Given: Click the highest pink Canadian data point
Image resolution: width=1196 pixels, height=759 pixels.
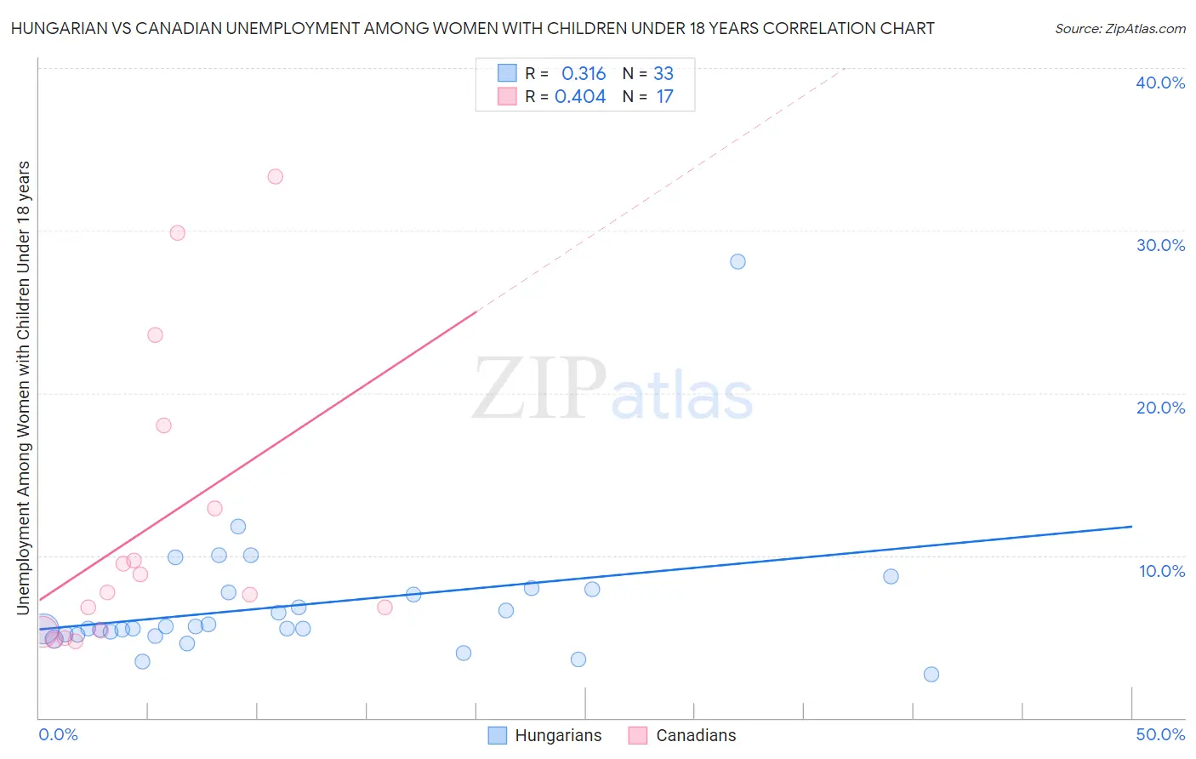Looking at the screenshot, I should pyautogui.click(x=275, y=177).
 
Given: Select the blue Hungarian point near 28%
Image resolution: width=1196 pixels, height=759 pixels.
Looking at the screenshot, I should pyautogui.click(x=738, y=261).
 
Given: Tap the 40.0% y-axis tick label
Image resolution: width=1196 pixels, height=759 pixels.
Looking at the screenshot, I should pyautogui.click(x=1160, y=83).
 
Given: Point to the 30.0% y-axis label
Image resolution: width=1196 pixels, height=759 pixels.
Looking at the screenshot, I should pyautogui.click(x=1160, y=245).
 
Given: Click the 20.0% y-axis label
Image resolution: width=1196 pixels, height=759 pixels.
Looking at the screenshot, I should pyautogui.click(x=1160, y=408).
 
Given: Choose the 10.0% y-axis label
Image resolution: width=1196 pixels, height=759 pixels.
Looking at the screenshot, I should pyautogui.click(x=1162, y=571).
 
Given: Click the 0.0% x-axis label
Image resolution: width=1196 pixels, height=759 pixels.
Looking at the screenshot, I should pyautogui.click(x=59, y=734).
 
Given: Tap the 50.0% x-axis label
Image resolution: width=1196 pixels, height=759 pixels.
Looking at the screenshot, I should pyautogui.click(x=1160, y=734).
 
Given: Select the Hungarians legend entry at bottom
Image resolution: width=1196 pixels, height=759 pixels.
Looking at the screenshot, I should pyautogui.click(x=557, y=735).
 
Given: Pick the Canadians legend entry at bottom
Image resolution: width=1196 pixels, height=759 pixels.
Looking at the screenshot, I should pyautogui.click(x=695, y=735).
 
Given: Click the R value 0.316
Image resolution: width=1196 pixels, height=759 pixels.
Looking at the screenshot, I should pyautogui.click(x=584, y=74).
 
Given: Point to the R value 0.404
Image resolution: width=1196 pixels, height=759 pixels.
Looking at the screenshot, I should pyautogui.click(x=580, y=97).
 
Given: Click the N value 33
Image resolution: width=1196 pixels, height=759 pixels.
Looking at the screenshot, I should pyautogui.click(x=663, y=74).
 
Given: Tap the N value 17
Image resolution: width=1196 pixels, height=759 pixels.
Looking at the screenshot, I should pyautogui.click(x=664, y=97).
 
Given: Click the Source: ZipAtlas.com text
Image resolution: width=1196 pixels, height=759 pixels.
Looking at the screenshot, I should pyautogui.click(x=1119, y=29).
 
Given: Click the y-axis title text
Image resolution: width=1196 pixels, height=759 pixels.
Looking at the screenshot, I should pyautogui.click(x=23, y=387).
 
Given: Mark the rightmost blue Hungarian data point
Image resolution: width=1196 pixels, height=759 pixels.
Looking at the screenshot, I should pyautogui.click(x=931, y=674).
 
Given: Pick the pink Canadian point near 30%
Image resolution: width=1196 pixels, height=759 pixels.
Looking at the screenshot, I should pyautogui.click(x=177, y=233).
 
